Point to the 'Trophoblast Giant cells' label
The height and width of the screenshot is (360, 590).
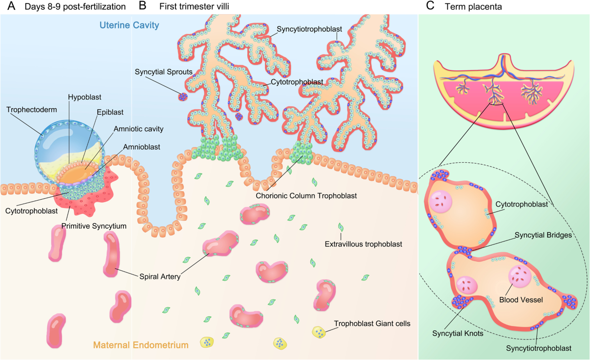(x=372, y=324)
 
